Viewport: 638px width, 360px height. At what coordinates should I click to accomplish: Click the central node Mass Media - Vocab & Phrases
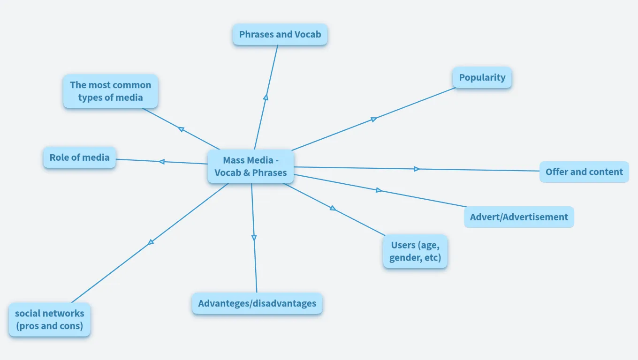(251, 166)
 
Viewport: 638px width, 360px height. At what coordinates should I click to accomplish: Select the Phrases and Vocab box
(280, 34)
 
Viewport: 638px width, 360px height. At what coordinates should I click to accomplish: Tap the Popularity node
(482, 77)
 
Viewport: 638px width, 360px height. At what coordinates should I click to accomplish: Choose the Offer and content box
(584, 172)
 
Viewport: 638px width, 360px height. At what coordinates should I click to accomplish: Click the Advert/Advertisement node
(518, 217)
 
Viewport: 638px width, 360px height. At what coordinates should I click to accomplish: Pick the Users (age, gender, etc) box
(415, 251)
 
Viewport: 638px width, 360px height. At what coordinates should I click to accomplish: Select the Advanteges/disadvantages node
(257, 303)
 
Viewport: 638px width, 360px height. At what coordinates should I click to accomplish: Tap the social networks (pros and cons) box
(49, 319)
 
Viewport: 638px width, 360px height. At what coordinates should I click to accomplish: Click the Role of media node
(79, 157)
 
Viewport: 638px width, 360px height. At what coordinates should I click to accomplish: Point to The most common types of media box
(110, 91)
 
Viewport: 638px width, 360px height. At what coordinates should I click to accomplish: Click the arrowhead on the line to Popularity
(374, 119)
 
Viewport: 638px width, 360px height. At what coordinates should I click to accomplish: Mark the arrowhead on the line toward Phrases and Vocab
(266, 97)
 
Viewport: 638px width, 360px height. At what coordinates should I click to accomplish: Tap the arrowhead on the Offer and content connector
(417, 169)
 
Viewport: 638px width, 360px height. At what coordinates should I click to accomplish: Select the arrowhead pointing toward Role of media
(161, 162)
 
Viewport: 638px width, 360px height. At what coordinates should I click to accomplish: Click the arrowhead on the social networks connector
(151, 242)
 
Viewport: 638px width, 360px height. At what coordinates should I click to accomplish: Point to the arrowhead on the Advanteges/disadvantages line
(254, 238)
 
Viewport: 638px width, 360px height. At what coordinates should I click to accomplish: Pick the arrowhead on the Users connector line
(333, 208)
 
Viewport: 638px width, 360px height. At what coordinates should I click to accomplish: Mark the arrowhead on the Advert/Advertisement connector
(379, 190)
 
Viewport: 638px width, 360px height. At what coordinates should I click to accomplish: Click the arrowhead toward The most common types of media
(181, 129)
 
